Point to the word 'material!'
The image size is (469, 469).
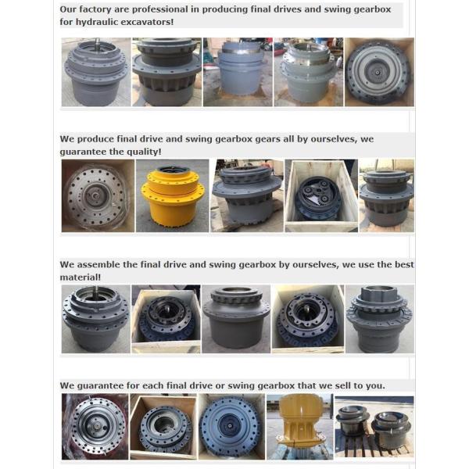click(x=81, y=277)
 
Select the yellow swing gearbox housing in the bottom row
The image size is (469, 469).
click(x=299, y=423)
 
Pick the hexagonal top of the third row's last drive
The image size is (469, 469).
click(x=380, y=293)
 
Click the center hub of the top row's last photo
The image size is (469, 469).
click(x=378, y=72)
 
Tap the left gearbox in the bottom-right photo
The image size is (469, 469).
click(x=353, y=420)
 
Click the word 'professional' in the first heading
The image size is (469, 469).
click(x=159, y=9)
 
